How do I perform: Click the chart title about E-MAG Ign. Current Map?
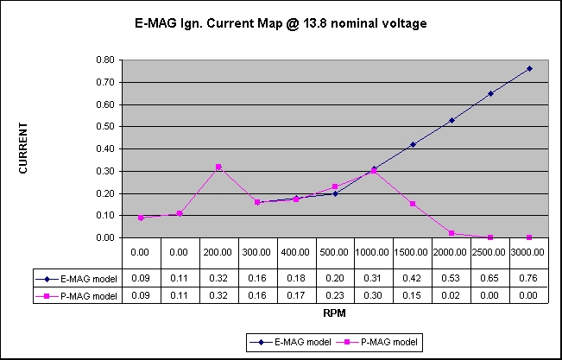coord(281,23)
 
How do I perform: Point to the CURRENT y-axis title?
coord(23,148)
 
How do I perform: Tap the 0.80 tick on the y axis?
coord(104,60)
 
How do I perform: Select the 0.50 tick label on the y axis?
coord(104,127)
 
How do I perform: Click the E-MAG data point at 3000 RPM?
coord(529,68)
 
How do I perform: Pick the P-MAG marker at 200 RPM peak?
coord(218,167)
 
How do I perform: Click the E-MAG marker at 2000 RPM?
coord(451,120)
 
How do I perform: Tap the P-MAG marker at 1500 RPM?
coord(413,204)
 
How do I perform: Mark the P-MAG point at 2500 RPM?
coord(490,237)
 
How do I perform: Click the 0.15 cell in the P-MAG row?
coord(413,295)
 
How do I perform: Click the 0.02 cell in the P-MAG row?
coord(451,295)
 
